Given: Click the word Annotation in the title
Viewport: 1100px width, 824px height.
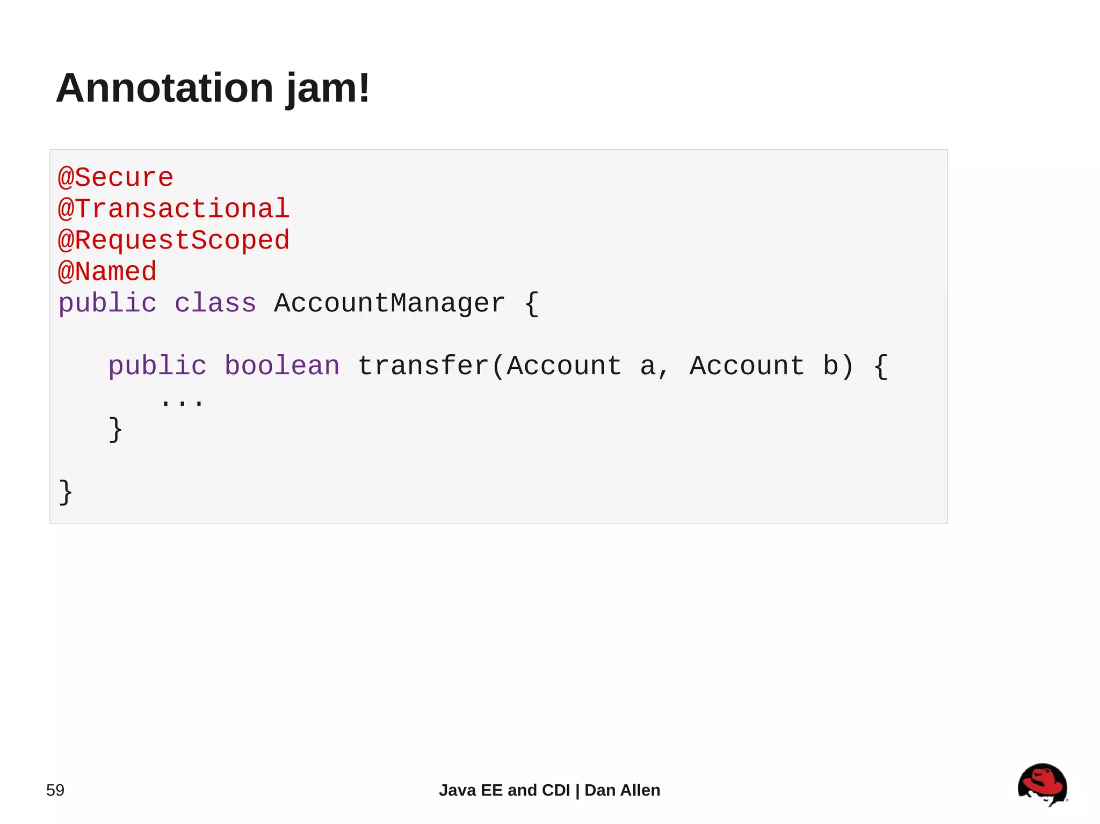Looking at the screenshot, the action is [x=165, y=88].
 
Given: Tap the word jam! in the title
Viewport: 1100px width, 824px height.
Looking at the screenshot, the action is [x=328, y=89].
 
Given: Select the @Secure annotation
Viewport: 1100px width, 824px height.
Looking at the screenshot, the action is [x=115, y=178].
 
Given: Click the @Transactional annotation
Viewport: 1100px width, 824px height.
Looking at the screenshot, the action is [x=173, y=209].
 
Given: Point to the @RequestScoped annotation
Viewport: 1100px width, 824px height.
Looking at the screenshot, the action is [x=173, y=240].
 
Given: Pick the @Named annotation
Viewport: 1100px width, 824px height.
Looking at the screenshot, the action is [x=107, y=272].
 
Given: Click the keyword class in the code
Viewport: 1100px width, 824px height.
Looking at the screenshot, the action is [x=215, y=303].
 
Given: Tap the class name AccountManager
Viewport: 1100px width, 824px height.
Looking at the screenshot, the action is [x=389, y=303].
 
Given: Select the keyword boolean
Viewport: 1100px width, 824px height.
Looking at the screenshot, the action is [x=282, y=366].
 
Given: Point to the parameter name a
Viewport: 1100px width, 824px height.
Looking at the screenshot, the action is [x=647, y=366].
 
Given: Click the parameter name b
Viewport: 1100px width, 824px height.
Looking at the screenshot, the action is [x=830, y=366].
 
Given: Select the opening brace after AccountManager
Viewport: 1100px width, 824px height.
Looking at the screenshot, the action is [x=531, y=304].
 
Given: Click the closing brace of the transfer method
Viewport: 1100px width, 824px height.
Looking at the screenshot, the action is [x=115, y=429].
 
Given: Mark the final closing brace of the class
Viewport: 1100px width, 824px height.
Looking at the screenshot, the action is [x=66, y=492].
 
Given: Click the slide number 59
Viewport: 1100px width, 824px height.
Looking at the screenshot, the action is [x=55, y=790].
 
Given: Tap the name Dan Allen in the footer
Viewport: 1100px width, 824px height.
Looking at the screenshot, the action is [x=622, y=790].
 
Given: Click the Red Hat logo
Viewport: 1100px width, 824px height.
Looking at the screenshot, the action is [x=1041, y=784].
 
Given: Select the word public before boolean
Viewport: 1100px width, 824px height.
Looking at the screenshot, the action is [x=157, y=366].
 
